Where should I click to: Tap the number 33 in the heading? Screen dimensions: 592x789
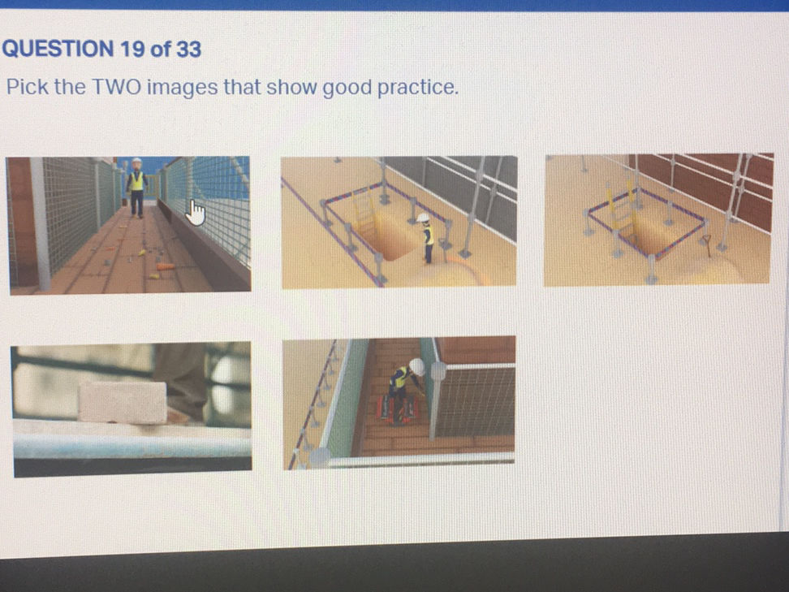click(188, 50)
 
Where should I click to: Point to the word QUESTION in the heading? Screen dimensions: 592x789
click(58, 50)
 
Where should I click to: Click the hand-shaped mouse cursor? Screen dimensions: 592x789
click(196, 214)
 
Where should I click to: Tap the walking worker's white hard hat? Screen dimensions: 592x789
click(136, 162)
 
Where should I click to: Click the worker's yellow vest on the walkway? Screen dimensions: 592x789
click(136, 181)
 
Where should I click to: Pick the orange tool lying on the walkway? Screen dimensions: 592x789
click(165, 266)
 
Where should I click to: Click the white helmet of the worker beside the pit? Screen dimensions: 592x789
click(423, 218)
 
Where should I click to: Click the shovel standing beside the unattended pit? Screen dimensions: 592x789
click(709, 243)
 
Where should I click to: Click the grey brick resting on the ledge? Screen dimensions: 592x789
click(123, 401)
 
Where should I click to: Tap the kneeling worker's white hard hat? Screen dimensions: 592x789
click(417, 367)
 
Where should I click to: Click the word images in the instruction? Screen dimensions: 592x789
click(184, 87)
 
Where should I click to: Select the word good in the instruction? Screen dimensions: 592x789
click(348, 87)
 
